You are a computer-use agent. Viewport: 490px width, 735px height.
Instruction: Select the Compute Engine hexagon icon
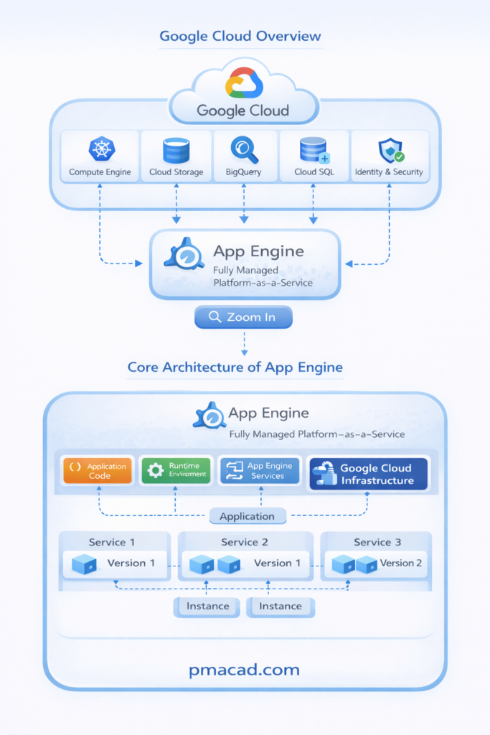coord(101,149)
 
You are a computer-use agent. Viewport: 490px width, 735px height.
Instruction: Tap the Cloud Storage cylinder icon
coord(176,150)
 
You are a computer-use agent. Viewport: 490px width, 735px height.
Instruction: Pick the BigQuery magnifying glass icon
coord(244,149)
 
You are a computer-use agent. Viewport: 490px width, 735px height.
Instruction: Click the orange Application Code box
coord(98,471)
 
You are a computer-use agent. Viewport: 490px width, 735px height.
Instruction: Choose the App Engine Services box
coord(259,471)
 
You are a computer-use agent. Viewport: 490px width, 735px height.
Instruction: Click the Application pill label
coord(247,516)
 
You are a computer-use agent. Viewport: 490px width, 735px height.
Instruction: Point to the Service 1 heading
coord(112,542)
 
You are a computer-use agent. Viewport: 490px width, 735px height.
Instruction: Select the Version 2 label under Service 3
coord(401,563)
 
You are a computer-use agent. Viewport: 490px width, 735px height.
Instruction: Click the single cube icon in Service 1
coord(85,564)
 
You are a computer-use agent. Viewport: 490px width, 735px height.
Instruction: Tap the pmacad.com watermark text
coord(245,670)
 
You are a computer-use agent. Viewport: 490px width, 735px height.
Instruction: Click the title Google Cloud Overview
coord(240,36)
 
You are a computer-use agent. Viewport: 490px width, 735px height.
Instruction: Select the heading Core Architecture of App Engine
coord(235,367)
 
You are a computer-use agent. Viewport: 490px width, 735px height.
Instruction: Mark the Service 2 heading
coord(245,542)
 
